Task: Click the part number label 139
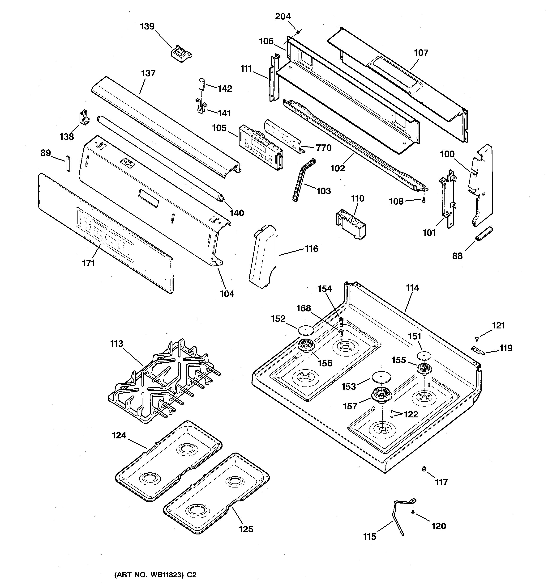click(x=147, y=26)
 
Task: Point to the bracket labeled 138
click(x=84, y=118)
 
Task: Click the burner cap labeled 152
click(x=306, y=330)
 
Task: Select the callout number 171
click(x=89, y=263)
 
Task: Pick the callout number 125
click(x=246, y=529)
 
